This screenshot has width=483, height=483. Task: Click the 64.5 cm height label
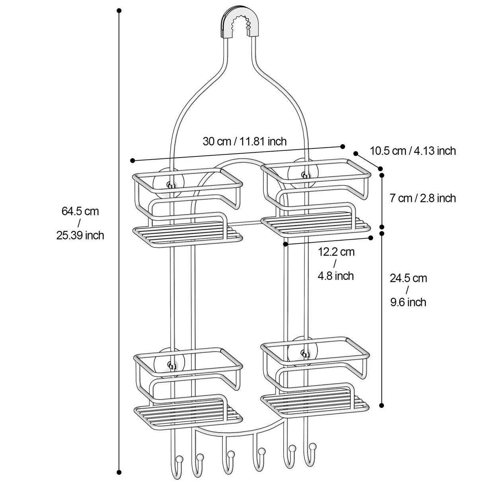point(80,211)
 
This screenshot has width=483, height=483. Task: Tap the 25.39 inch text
point(80,235)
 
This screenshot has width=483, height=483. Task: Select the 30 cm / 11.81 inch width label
point(244,141)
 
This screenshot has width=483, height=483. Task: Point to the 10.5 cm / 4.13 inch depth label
point(413,151)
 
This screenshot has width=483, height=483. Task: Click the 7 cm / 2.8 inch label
point(423,198)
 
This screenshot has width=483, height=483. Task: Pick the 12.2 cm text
point(336,251)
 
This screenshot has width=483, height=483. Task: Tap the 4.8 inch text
point(336,276)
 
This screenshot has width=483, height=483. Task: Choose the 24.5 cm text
point(408,278)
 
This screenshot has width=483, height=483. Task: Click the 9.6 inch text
point(408,302)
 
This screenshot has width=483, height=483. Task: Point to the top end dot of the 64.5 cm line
point(119,10)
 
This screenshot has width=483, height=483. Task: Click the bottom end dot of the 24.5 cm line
point(382,405)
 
